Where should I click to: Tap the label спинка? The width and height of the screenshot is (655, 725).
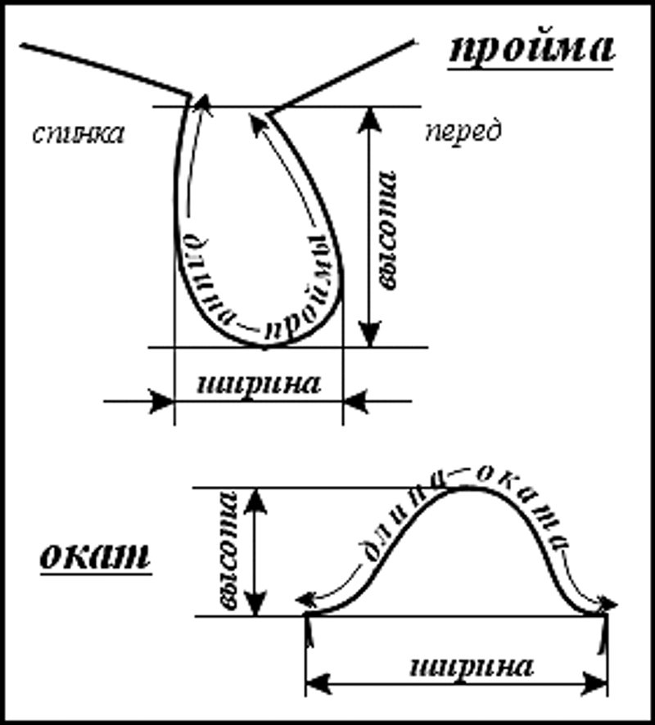pos(79,133)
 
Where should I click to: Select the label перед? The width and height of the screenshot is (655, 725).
pos(463,132)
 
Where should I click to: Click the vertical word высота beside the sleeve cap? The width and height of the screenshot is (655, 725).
pos(228,551)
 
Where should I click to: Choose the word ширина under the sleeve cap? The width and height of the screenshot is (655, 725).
pos(471,666)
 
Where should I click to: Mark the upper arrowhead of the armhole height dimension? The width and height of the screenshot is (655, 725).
pos(370,119)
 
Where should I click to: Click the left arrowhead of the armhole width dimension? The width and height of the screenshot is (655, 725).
pos(162,401)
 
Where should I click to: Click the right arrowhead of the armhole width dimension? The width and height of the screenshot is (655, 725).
pos(355,401)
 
